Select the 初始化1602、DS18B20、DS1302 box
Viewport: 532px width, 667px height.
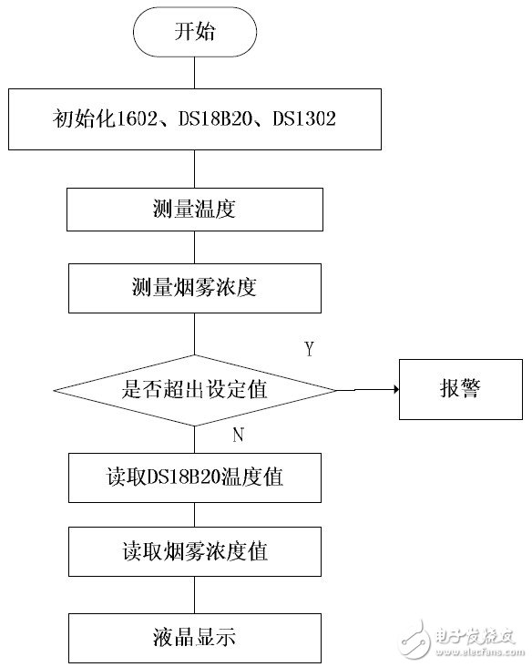[194, 118]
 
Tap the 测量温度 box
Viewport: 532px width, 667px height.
[194, 209]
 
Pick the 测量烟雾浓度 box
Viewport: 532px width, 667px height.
[194, 287]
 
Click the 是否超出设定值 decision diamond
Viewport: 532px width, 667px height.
[194, 390]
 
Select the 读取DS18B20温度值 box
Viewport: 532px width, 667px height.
[194, 476]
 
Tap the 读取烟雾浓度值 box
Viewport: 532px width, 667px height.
[194, 552]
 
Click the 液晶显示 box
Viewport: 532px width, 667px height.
[194, 636]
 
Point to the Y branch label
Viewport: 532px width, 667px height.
[309, 350]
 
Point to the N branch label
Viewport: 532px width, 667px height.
[239, 435]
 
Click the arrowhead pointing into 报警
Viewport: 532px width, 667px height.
[394, 389]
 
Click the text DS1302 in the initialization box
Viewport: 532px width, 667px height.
[306, 118]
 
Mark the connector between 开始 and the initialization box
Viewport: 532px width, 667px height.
[194, 73]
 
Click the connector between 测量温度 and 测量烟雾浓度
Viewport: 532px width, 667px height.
[194, 247]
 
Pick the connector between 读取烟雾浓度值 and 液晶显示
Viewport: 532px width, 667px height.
[194, 594]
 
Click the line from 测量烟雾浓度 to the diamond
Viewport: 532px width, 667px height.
[194, 333]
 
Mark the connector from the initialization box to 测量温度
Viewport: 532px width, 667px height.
[194, 169]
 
